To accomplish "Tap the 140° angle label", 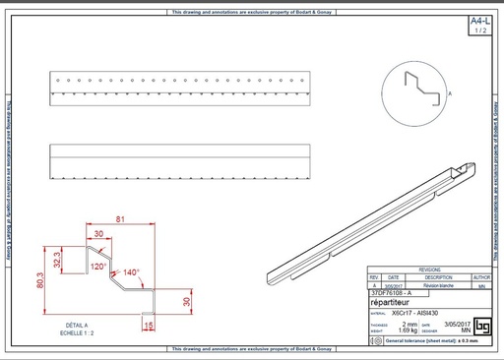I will click(132, 272).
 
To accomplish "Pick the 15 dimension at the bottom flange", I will click(149, 324).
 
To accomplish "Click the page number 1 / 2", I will click(479, 31).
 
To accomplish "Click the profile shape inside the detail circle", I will click(419, 89).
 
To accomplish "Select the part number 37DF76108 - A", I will click(392, 293).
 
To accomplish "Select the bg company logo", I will click(481, 327).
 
